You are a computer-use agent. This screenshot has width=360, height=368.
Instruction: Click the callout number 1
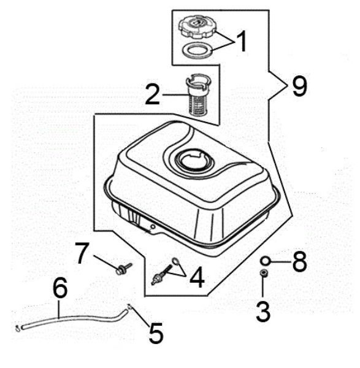(241, 42)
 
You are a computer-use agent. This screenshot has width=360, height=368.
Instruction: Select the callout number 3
(263, 312)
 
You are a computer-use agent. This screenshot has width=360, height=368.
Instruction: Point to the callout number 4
(197, 277)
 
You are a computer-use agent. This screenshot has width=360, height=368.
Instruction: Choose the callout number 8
(299, 262)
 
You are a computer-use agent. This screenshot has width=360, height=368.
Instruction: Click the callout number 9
(299, 86)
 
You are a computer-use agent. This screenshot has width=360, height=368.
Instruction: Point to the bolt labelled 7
(123, 269)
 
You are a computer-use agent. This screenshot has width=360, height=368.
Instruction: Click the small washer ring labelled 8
(264, 259)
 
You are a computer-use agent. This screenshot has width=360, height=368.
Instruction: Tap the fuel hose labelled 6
(74, 318)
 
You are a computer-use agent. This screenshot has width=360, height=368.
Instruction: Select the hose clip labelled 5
(129, 308)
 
